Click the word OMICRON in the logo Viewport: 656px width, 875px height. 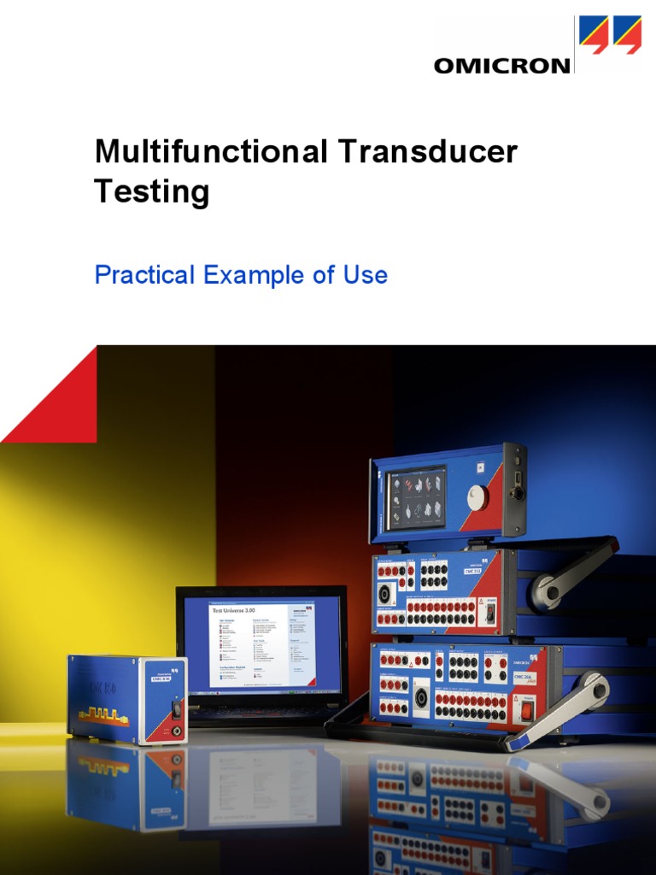502,65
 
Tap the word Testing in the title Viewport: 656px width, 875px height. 151,191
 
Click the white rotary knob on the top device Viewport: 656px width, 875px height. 477,497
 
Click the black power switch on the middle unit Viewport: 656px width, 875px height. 490,613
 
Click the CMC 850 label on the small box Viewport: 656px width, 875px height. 162,678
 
